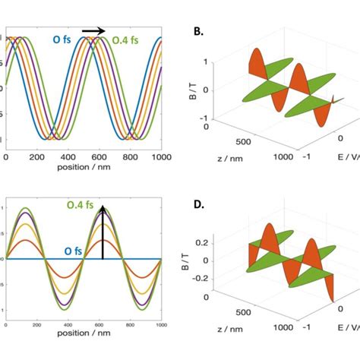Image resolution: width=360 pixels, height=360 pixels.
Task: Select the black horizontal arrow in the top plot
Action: (93, 31)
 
